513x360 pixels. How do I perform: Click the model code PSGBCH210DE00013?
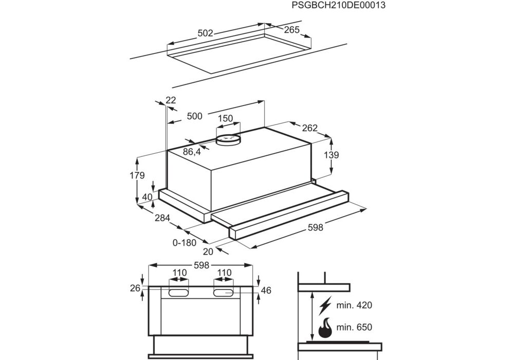338,6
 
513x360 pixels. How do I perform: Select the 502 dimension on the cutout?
205,33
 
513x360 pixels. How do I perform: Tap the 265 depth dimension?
291,30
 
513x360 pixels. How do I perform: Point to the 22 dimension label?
171,100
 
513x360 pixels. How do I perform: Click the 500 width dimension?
194,116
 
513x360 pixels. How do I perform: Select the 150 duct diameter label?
225,118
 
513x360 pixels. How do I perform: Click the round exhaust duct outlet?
228,139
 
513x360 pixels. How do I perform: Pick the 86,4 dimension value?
192,152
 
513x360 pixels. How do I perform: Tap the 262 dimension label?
310,128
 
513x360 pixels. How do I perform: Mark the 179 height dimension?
136,175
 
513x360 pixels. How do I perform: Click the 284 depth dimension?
162,218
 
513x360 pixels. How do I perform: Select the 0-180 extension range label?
185,243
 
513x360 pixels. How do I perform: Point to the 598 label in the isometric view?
315,228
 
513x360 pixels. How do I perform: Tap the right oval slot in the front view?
224,293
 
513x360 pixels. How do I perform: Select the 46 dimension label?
266,291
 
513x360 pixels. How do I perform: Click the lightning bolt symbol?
325,306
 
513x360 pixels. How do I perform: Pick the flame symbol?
325,327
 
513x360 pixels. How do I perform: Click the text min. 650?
354,327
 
